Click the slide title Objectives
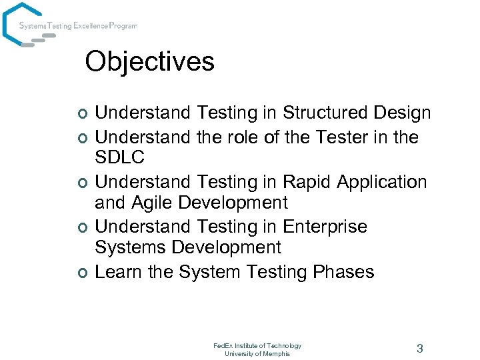pyautogui.click(x=150, y=62)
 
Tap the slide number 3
pyautogui.click(x=420, y=348)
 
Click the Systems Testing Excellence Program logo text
pyautogui.click(x=78, y=26)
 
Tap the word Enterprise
pyautogui.click(x=325, y=227)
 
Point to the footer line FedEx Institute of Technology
pyautogui.click(x=257, y=345)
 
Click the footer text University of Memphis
pyautogui.click(x=257, y=353)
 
